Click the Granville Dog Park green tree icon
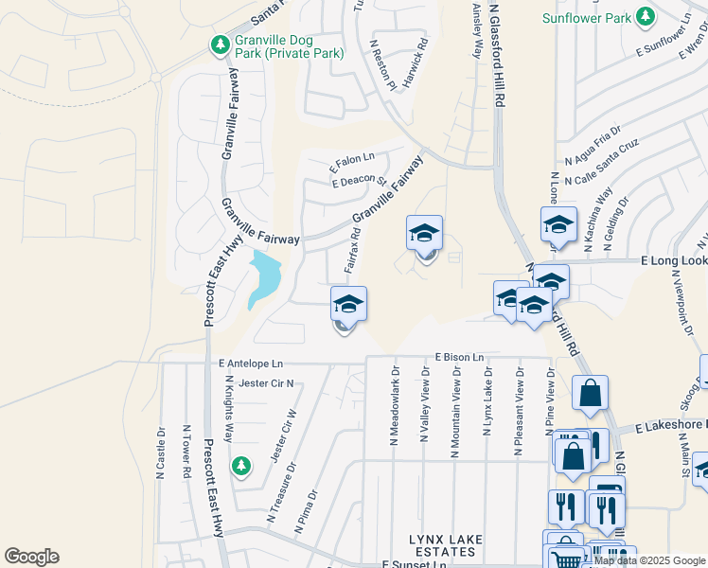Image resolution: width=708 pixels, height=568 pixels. tap(221, 44)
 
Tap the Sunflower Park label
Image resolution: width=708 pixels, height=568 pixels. tap(586, 17)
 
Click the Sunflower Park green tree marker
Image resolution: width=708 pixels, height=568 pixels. tap(646, 17)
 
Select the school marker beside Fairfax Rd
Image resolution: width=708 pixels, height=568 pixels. tap(348, 305)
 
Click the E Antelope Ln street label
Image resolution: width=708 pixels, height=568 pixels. tap(250, 364)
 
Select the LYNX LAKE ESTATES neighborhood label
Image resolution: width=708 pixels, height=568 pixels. tap(446, 545)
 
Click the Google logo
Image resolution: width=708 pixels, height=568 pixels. tap(31, 557)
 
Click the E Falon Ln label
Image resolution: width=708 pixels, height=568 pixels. tap(352, 163)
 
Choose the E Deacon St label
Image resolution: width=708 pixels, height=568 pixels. tap(360, 181)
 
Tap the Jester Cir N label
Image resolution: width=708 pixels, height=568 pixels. tap(266, 383)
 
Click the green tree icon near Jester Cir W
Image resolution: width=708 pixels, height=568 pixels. tap(241, 465)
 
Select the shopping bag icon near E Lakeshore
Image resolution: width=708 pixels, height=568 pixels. tap(590, 394)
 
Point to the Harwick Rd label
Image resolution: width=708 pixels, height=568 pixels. tap(416, 62)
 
